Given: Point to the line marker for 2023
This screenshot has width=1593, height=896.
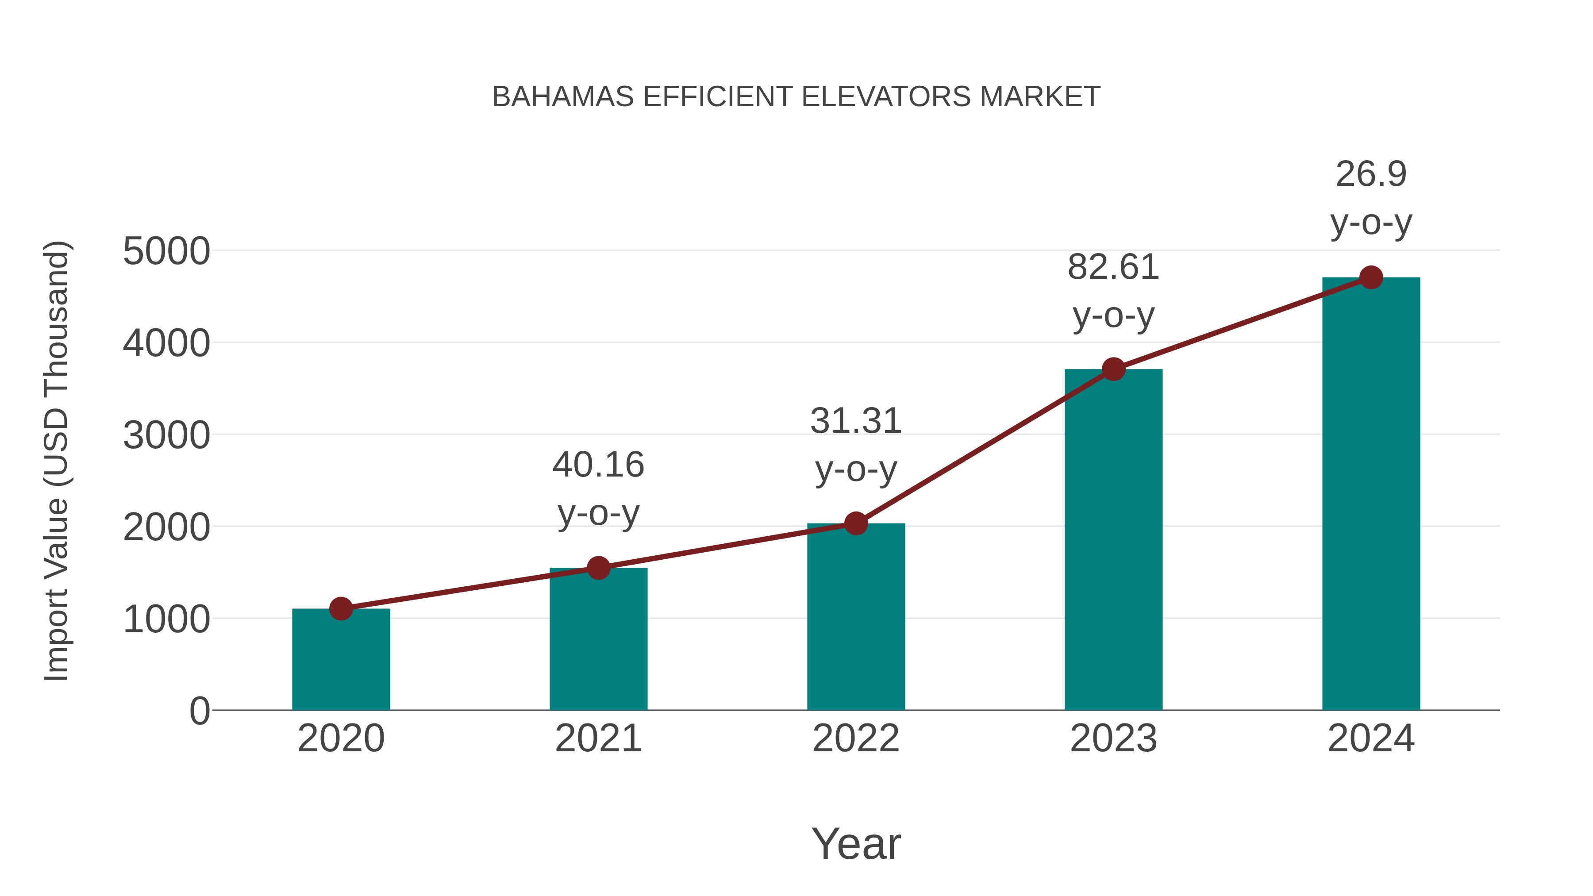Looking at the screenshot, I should click(x=1113, y=369).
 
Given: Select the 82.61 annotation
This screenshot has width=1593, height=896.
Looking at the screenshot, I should click(x=1113, y=268).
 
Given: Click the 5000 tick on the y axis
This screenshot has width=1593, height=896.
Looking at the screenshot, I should click(x=166, y=252).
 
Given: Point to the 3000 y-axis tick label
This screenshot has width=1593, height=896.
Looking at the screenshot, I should click(x=166, y=435).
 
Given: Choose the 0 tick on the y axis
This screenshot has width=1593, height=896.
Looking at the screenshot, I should click(x=199, y=711).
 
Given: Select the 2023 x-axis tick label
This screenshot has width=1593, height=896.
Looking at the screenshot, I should click(x=1113, y=738).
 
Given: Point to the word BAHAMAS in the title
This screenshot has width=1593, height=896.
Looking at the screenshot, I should click(x=563, y=97).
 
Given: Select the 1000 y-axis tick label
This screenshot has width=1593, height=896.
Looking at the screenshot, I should click(x=166, y=619).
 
